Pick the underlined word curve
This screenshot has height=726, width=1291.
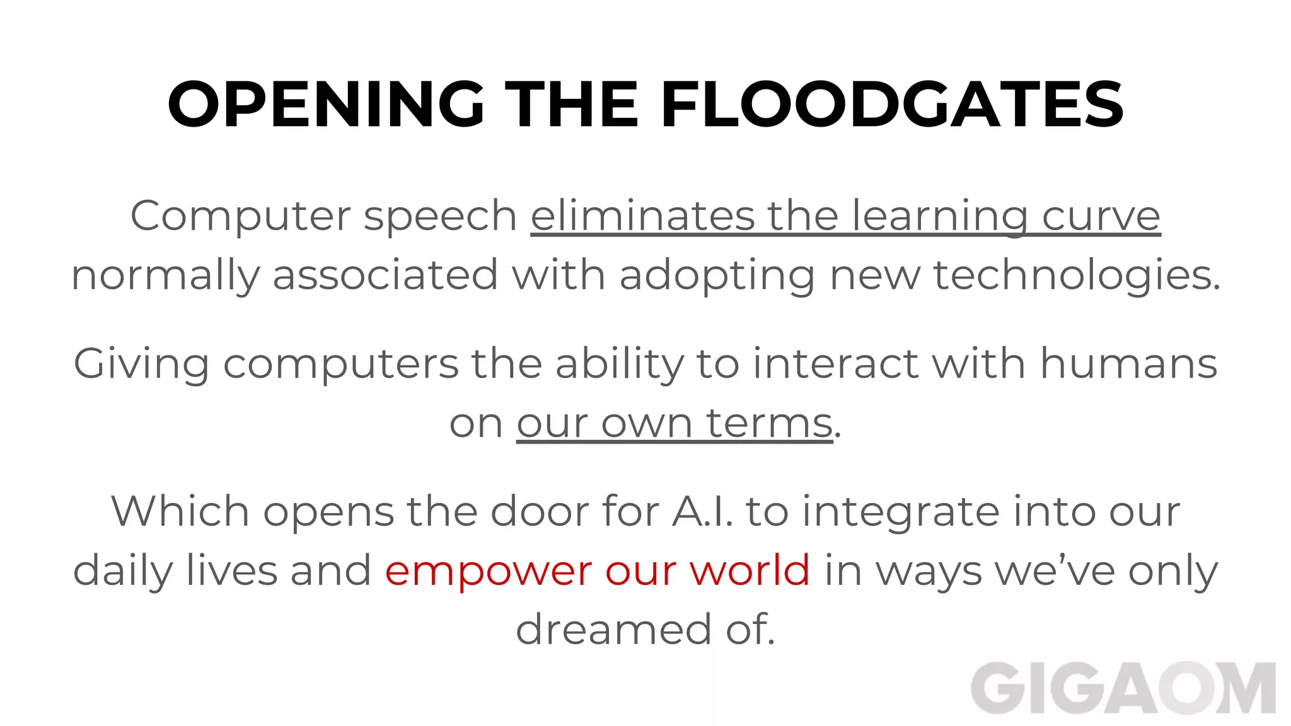[x=1101, y=216]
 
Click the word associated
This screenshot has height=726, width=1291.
[x=385, y=275]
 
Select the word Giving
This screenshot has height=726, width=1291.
[x=141, y=364]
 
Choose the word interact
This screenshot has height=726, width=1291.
[x=835, y=364]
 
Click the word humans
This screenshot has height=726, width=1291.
[x=1128, y=364]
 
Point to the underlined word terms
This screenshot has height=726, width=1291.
[x=770, y=423]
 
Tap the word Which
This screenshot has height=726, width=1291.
[x=180, y=511]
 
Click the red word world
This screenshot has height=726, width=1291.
[x=750, y=570]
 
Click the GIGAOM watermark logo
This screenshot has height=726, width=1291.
[x=1123, y=689]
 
